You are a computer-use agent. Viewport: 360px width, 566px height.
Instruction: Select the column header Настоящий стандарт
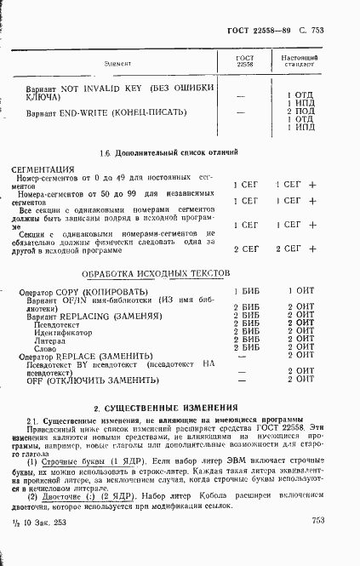point(299,60)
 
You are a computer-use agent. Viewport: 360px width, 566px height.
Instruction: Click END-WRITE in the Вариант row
point(89,112)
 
